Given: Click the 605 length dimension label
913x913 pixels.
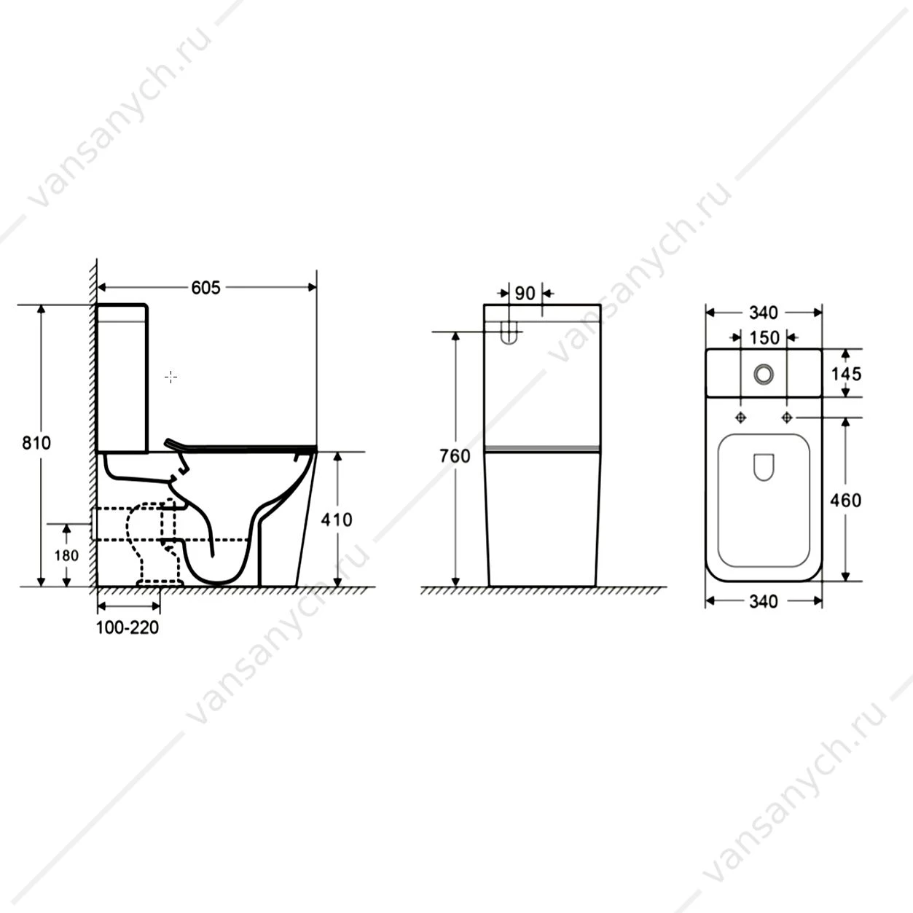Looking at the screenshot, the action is (x=206, y=288).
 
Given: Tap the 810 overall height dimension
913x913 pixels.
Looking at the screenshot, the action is (x=36, y=443).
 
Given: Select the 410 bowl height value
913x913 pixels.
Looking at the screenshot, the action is (x=337, y=520).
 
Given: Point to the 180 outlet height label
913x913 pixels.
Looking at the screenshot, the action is (x=66, y=555).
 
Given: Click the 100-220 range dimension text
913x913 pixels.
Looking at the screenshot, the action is (x=128, y=628).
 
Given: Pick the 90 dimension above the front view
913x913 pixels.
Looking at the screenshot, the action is (x=525, y=294).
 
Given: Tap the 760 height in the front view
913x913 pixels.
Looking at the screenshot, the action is (x=455, y=456).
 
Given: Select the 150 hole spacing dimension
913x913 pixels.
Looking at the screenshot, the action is (x=764, y=338).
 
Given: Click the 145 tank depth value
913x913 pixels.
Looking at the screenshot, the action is (x=846, y=375).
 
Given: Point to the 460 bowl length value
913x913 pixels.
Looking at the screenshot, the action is (x=846, y=501).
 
